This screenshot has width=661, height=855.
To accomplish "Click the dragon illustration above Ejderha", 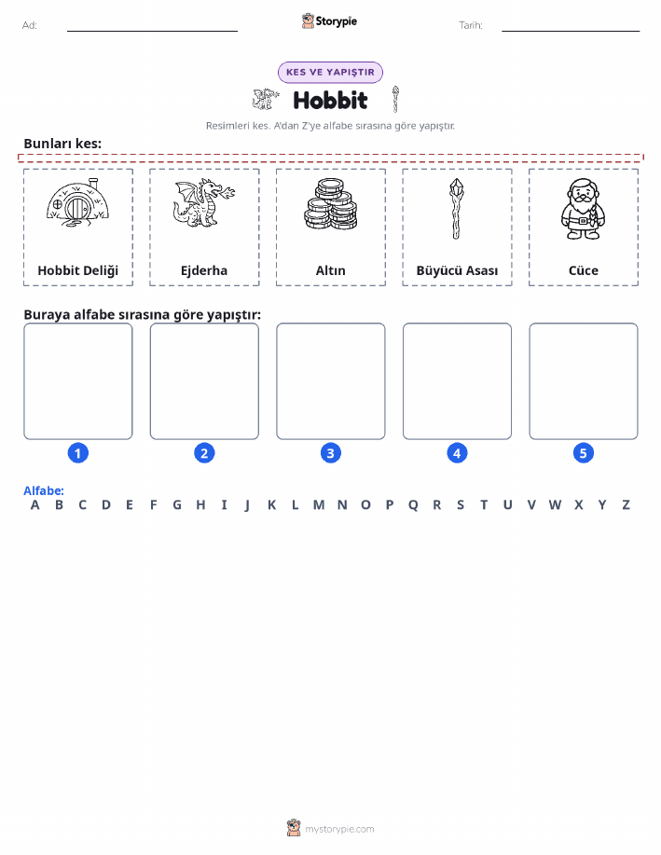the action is click(x=204, y=203).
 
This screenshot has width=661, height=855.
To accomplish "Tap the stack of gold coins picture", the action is click(x=330, y=204).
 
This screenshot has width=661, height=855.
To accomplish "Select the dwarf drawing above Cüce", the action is click(x=583, y=209).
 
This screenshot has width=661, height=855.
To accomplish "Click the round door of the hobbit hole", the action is click(x=76, y=208).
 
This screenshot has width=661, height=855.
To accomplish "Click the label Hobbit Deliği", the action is click(x=78, y=270).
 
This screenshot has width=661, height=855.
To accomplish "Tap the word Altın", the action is click(x=330, y=270).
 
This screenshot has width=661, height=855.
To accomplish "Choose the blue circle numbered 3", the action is click(x=330, y=453).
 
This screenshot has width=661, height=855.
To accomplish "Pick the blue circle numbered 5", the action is click(x=583, y=453).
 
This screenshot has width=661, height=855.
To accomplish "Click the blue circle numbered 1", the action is click(x=78, y=453).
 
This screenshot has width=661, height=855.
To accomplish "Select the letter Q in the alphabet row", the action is click(x=413, y=505).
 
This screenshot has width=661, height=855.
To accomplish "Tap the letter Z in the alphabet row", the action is click(x=627, y=505).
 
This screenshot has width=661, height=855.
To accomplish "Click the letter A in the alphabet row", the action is click(x=34, y=505).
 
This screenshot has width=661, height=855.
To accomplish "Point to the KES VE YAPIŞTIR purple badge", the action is click(x=330, y=72).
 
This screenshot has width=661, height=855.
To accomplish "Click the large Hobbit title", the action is click(x=330, y=101).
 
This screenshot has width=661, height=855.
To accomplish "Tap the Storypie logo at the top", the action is click(x=329, y=21).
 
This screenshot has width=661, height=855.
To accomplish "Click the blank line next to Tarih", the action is click(x=571, y=31).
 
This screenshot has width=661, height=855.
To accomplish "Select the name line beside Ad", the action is click(x=152, y=31).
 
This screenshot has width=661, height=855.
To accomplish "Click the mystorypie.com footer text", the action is click(x=339, y=829).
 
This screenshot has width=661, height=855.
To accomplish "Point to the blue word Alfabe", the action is click(x=44, y=490).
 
